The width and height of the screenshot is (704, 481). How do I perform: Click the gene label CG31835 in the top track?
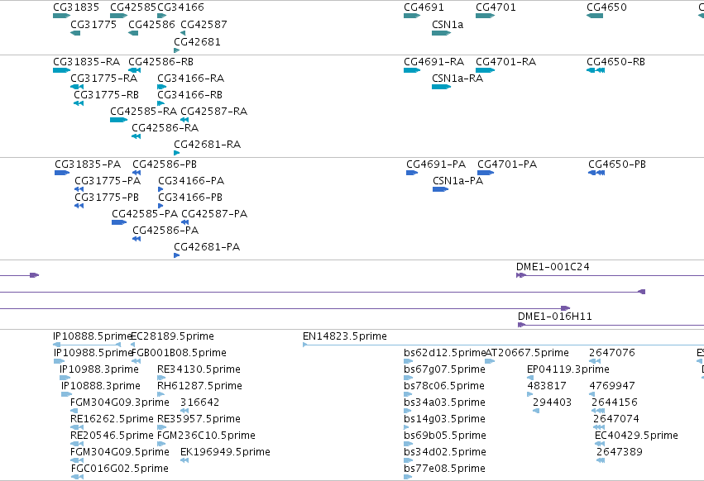pos(76,7)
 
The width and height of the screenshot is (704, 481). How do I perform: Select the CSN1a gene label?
pos(448,25)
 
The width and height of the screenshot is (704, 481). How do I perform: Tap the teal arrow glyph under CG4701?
pos(485,16)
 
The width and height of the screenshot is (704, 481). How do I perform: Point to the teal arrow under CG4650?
pos(595,16)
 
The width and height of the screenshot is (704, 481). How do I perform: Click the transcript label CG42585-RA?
pos(144,112)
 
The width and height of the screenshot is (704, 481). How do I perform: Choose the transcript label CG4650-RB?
pos(615,62)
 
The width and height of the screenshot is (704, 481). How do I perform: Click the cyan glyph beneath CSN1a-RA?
pos(441,87)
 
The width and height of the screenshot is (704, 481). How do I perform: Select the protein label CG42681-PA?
pos(207,247)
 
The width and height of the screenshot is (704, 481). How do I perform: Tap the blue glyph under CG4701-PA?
pos(486,173)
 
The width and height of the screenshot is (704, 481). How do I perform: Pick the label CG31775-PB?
pos(107,198)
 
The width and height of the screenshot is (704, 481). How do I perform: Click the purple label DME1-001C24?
pos(553,267)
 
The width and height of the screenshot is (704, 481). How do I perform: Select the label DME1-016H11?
pos(555,317)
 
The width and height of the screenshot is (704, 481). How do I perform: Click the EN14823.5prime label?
pos(345,336)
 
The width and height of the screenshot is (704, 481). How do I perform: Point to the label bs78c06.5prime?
pos(444,386)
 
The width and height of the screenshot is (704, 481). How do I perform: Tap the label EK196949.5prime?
pos(225,452)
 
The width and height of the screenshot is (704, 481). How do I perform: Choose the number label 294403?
pos(552,402)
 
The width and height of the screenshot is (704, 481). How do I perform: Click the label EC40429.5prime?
pos(636,436)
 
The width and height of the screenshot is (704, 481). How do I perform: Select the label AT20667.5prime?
pos(527,353)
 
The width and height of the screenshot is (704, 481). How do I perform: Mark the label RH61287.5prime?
pos(199,386)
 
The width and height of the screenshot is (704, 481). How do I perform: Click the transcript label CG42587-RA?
pos(213,112)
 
